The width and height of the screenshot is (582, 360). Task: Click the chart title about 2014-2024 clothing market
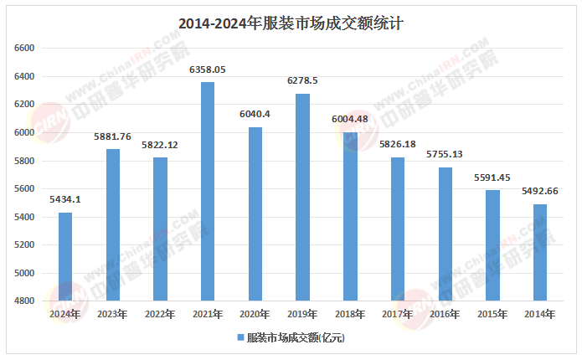click(291, 23)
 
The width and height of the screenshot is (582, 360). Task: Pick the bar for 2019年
click(302, 197)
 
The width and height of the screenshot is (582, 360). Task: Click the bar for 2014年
click(540, 252)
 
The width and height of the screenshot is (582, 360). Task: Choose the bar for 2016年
click(445, 234)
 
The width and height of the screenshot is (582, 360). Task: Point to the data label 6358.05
click(208, 69)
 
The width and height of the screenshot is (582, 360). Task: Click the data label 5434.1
click(65, 200)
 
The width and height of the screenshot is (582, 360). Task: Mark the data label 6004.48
click(350, 119)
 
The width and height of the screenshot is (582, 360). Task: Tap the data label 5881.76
click(113, 136)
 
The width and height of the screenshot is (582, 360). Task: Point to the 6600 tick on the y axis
click(24, 49)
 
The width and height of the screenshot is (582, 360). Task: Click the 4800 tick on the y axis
click(24, 301)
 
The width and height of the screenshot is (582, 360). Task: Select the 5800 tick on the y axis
click(24, 161)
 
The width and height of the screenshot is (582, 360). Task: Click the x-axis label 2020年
click(255, 314)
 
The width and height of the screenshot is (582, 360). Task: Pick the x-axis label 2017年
click(397, 314)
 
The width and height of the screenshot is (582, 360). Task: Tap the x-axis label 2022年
click(160, 314)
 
